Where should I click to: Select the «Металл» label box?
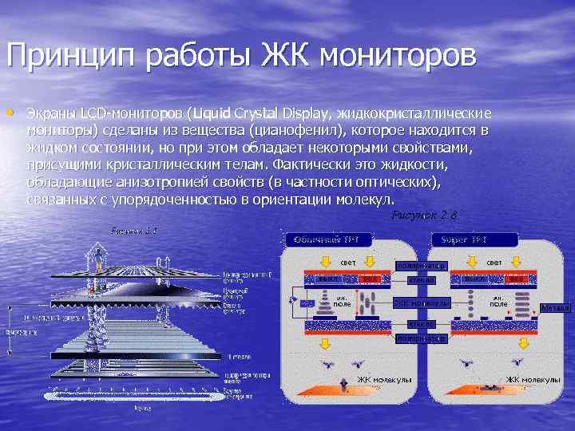555,307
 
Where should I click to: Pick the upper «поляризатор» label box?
421,265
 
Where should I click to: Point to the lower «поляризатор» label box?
421,338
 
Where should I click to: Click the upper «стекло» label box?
421,280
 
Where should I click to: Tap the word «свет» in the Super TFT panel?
494,262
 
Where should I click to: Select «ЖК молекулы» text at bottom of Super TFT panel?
533,379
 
